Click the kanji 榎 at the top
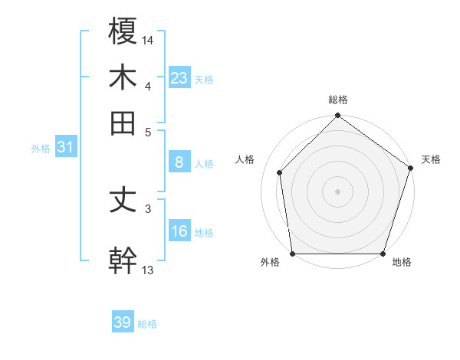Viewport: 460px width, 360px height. click(x=123, y=31)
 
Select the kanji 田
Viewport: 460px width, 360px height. click(x=123, y=122)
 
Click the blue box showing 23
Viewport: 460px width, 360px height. click(x=179, y=77)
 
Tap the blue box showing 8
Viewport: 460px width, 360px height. click(x=179, y=162)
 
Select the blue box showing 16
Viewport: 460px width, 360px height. click(x=179, y=231)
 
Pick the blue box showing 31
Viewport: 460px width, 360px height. click(x=65, y=148)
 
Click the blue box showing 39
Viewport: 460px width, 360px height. click(x=123, y=322)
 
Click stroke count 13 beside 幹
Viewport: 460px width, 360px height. click(x=148, y=269)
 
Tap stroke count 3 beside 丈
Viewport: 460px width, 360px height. click(x=148, y=208)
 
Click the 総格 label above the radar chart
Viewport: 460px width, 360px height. click(x=338, y=100)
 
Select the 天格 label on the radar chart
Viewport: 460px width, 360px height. click(x=431, y=159)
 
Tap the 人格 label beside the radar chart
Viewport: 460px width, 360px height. click(x=245, y=159)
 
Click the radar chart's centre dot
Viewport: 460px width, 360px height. click(x=338, y=191)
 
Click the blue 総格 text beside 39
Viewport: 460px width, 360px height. click(x=147, y=324)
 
